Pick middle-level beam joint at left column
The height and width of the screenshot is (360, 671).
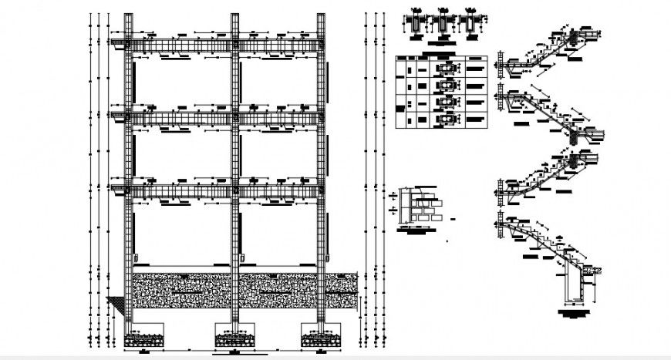(130, 116)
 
